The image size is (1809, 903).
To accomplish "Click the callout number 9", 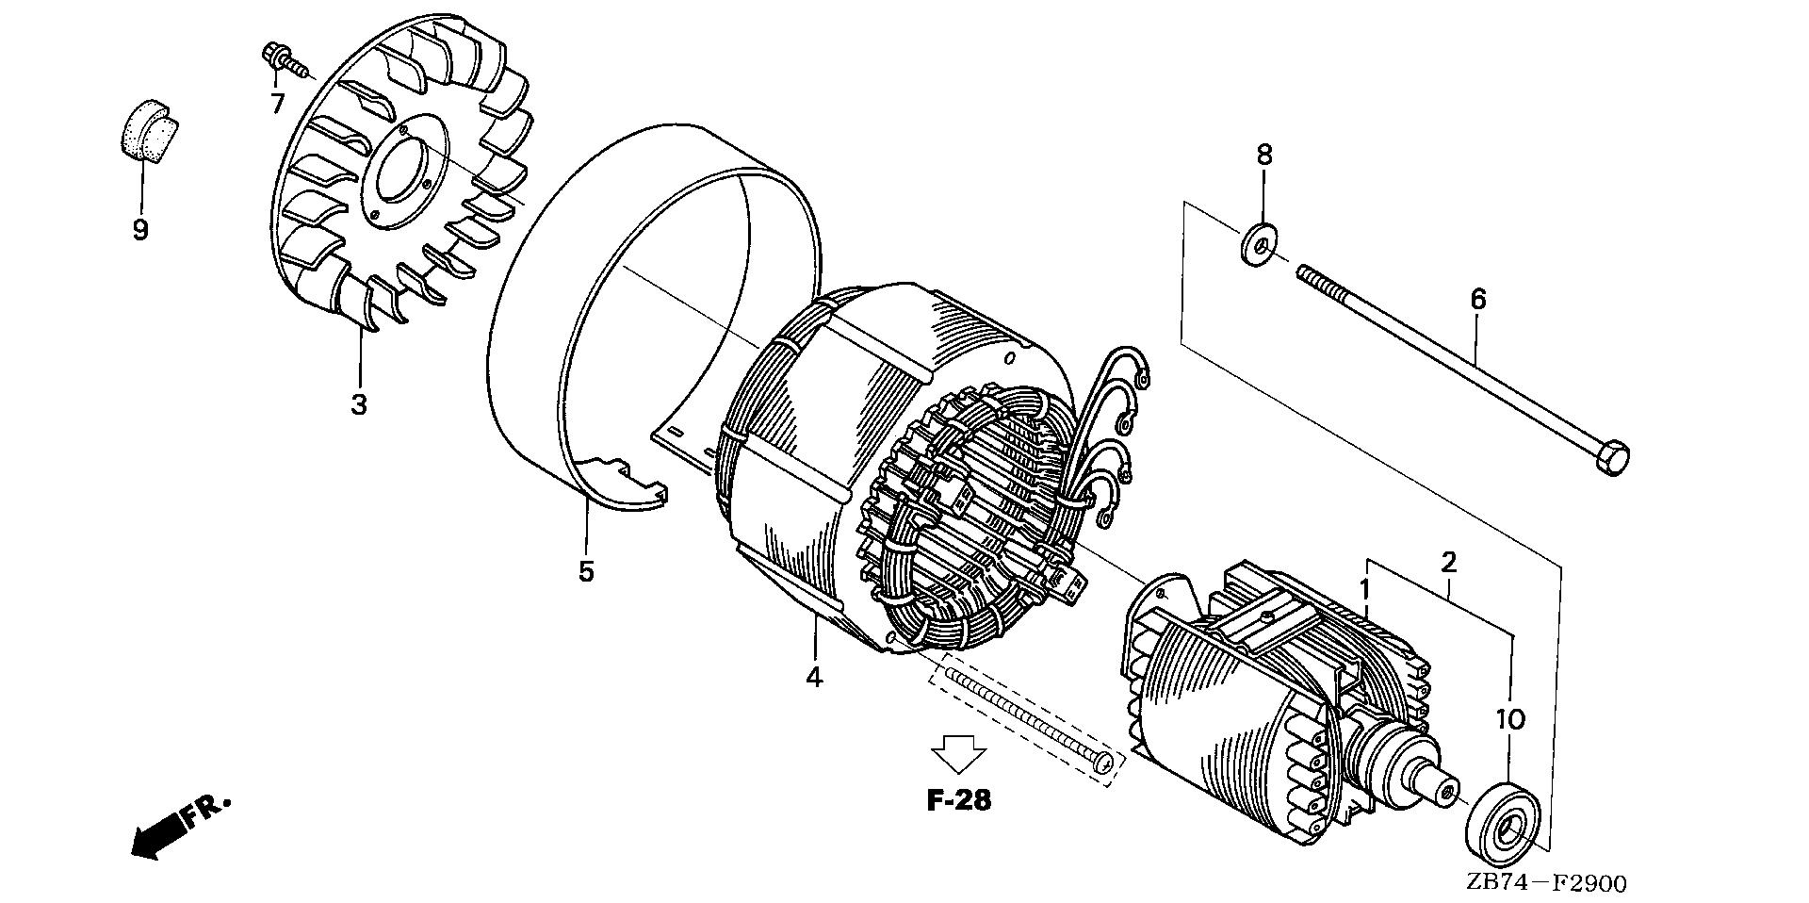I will tap(140, 230).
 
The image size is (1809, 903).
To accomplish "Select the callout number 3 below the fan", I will tap(359, 405).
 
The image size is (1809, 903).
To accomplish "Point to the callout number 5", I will tap(586, 571).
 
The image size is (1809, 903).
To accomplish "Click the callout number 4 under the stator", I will tap(814, 676).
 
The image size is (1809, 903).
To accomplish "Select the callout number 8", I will tap(1263, 155).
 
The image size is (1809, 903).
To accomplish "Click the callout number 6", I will tap(1478, 300).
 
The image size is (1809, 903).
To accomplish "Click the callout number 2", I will tap(1449, 563).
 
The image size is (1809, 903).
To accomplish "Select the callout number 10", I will tap(1509, 720).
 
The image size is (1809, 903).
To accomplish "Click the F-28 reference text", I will tap(958, 801).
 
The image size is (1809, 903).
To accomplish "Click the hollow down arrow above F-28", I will tap(958, 754).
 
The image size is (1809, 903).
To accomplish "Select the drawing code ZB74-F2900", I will tap(1545, 884).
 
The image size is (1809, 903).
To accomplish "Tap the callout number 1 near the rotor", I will tap(1364, 589).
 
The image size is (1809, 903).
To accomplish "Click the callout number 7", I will tap(277, 103).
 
